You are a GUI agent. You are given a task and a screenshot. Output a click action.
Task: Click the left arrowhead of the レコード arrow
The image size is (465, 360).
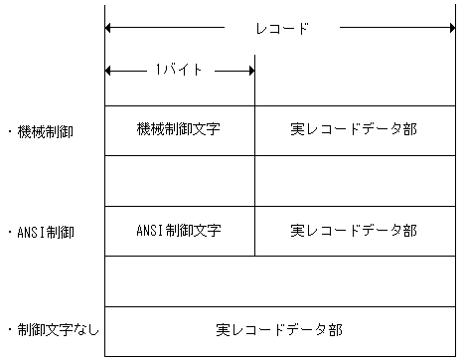tap(109, 28)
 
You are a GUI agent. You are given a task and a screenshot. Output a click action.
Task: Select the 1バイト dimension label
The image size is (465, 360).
tap(179, 71)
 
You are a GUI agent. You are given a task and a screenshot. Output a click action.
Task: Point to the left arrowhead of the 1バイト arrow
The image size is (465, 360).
tap(109, 71)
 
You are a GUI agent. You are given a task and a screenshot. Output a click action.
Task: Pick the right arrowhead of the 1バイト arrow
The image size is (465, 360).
tap(249, 71)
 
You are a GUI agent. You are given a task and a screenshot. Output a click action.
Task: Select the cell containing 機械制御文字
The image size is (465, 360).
tap(179, 130)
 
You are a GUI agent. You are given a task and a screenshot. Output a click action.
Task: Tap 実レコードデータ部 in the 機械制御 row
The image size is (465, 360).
tap(354, 130)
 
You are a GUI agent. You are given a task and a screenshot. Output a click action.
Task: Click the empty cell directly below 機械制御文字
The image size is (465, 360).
tap(179, 181)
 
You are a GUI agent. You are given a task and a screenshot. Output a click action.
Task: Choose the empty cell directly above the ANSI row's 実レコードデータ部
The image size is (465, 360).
tap(354, 181)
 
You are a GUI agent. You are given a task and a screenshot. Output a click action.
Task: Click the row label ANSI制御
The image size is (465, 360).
tap(46, 231)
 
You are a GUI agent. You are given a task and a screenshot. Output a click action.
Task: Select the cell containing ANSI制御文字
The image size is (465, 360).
tap(179, 231)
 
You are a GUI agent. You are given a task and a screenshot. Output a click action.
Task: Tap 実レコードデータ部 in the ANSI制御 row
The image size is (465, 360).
tap(354, 231)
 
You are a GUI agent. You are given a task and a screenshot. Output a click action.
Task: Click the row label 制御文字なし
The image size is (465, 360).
tap(59, 328)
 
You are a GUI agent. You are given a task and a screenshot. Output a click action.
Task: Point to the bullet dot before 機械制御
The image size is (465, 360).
tap(9, 130)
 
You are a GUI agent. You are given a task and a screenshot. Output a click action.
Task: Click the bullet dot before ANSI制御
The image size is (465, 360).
tap(9, 231)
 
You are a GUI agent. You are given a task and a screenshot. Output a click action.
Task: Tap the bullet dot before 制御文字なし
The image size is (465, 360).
tap(9, 328)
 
